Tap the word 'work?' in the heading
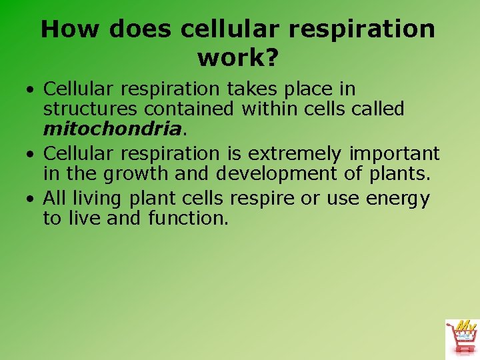click(x=237, y=58)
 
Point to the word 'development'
click(x=275, y=173)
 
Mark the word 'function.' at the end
click(x=188, y=218)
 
